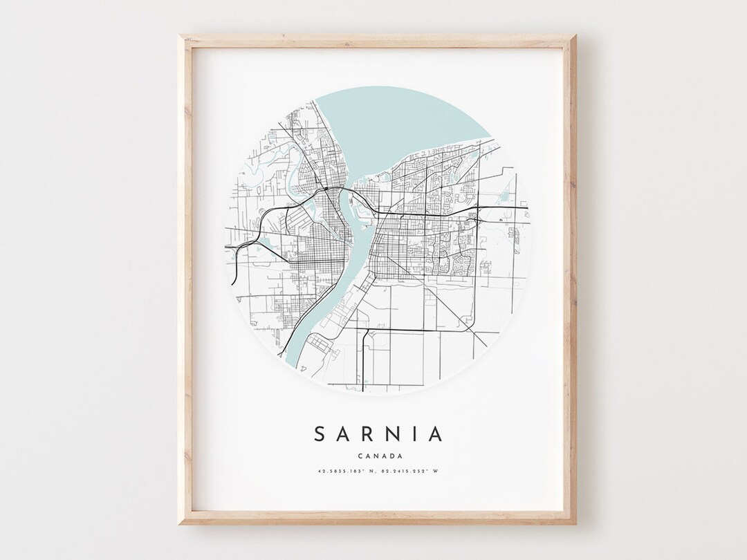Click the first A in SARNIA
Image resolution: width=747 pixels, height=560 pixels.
[344, 434]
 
